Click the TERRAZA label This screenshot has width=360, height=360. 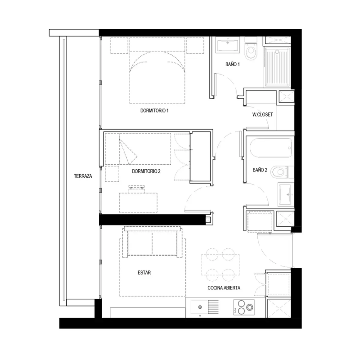83,176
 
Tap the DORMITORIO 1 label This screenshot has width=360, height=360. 154,111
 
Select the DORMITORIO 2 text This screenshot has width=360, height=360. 146,171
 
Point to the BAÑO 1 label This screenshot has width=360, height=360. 233,64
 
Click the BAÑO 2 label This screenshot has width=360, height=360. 260,170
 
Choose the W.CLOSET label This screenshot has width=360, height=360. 263,114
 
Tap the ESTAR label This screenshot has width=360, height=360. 144,273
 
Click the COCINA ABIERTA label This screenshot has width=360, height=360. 224,288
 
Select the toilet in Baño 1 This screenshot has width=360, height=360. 251,49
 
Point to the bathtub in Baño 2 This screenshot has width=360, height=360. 271,148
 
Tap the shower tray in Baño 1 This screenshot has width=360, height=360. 277,66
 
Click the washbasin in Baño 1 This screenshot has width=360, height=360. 228,45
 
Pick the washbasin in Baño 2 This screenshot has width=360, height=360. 286,194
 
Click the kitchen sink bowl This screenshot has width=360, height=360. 199,307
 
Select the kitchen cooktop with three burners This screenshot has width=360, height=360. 244,307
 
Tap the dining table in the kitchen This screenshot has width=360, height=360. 220,265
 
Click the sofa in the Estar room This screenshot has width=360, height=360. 152,242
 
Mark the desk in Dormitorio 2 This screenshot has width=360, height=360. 138,202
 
